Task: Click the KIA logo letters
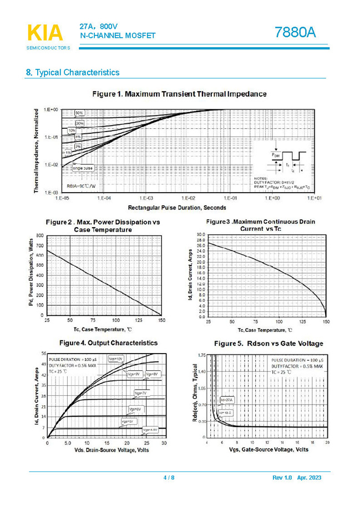point(45,33)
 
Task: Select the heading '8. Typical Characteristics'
point(73,73)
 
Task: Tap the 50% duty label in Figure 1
point(79,113)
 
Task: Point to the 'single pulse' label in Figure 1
point(83,168)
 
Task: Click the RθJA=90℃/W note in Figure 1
point(82,186)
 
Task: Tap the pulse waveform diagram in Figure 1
point(286,159)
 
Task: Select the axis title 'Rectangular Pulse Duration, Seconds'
point(177,208)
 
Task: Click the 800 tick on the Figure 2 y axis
point(40,236)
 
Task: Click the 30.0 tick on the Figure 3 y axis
point(201,235)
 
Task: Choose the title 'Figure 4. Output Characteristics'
point(108,343)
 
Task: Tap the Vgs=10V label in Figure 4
point(116,359)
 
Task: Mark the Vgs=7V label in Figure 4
point(140,393)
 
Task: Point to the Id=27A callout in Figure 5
point(227,400)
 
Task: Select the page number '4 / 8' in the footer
point(168,478)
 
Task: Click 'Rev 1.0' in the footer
point(281,478)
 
